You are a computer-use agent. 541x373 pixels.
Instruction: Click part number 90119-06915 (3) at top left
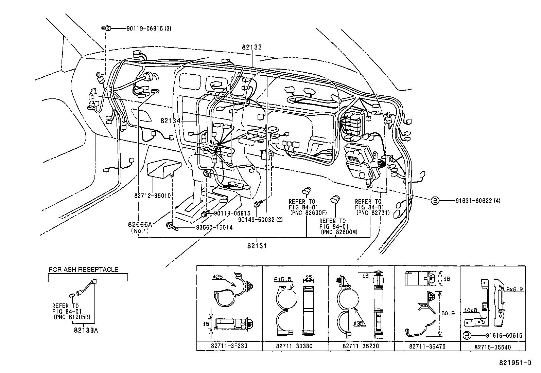tap(149, 29)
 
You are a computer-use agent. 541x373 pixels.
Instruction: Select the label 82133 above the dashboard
tap(252, 48)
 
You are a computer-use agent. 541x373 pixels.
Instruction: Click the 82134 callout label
tap(170, 121)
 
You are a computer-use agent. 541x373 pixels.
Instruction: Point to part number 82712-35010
tap(152, 196)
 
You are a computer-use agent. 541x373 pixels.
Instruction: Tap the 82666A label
tap(140, 224)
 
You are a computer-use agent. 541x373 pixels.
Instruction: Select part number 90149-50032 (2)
tap(260, 220)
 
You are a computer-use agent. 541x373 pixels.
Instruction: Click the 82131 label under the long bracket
tap(257, 246)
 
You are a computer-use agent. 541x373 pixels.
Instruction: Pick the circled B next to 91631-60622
tap(435, 201)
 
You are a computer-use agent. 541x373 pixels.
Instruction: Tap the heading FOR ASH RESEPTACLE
tap(84, 270)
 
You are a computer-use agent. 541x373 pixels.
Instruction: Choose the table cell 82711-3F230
tap(229, 347)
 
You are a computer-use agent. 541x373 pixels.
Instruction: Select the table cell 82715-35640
tap(493, 347)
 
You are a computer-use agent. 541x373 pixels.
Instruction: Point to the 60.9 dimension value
tap(451, 314)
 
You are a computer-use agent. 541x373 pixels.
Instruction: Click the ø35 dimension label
tap(359, 323)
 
